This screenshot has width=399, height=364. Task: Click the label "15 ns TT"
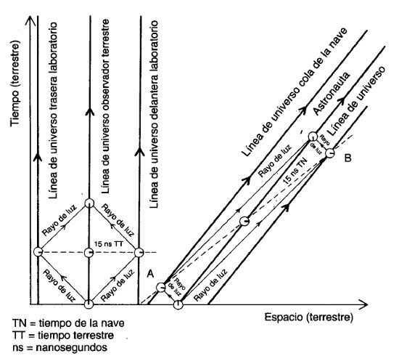109,244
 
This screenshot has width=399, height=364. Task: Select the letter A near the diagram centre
150,274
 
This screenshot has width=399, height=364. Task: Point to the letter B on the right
347,158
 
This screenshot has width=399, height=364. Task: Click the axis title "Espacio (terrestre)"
308,318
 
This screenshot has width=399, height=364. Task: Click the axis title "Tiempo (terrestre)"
15,84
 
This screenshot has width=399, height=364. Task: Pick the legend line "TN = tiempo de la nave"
68,323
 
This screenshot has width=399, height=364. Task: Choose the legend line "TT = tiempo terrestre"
63,335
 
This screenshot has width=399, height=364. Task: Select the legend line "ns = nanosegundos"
59,347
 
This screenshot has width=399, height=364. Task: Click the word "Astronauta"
331,94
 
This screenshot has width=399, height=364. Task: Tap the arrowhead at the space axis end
364,304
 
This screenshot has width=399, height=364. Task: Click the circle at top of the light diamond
89,203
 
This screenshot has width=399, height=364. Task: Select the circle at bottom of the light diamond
89,304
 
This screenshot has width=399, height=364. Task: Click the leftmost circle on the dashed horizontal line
38,252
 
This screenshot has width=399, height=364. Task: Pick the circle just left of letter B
330,153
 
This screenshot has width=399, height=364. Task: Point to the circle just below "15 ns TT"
89,253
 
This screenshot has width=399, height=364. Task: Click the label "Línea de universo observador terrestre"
105,106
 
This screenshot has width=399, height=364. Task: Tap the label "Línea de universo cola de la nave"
294,92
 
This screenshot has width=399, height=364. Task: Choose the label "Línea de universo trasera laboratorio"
53,110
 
